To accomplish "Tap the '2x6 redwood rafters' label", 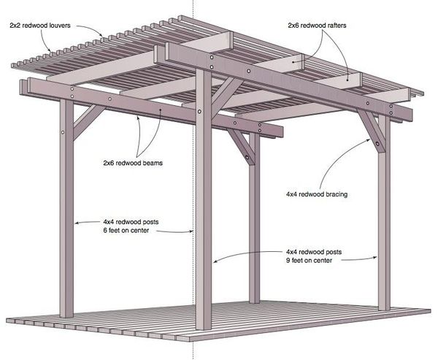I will click(317, 24).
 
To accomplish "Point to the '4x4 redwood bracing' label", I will click(316, 195).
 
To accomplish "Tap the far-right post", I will click(384, 234).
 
